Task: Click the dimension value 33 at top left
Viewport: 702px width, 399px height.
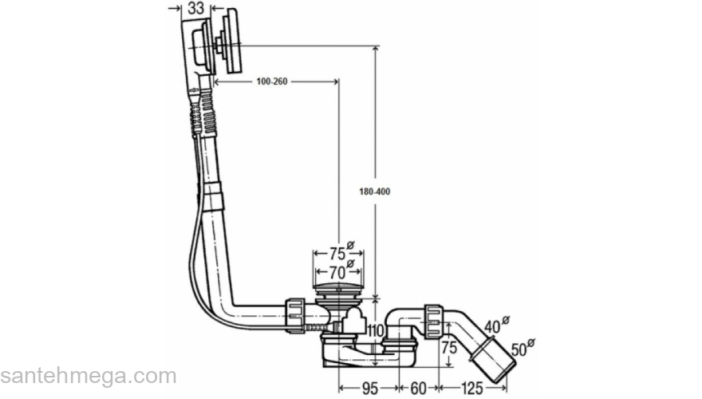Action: [195, 9]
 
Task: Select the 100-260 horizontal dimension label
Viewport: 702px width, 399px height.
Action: [273, 81]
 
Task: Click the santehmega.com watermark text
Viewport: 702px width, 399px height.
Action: [88, 376]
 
